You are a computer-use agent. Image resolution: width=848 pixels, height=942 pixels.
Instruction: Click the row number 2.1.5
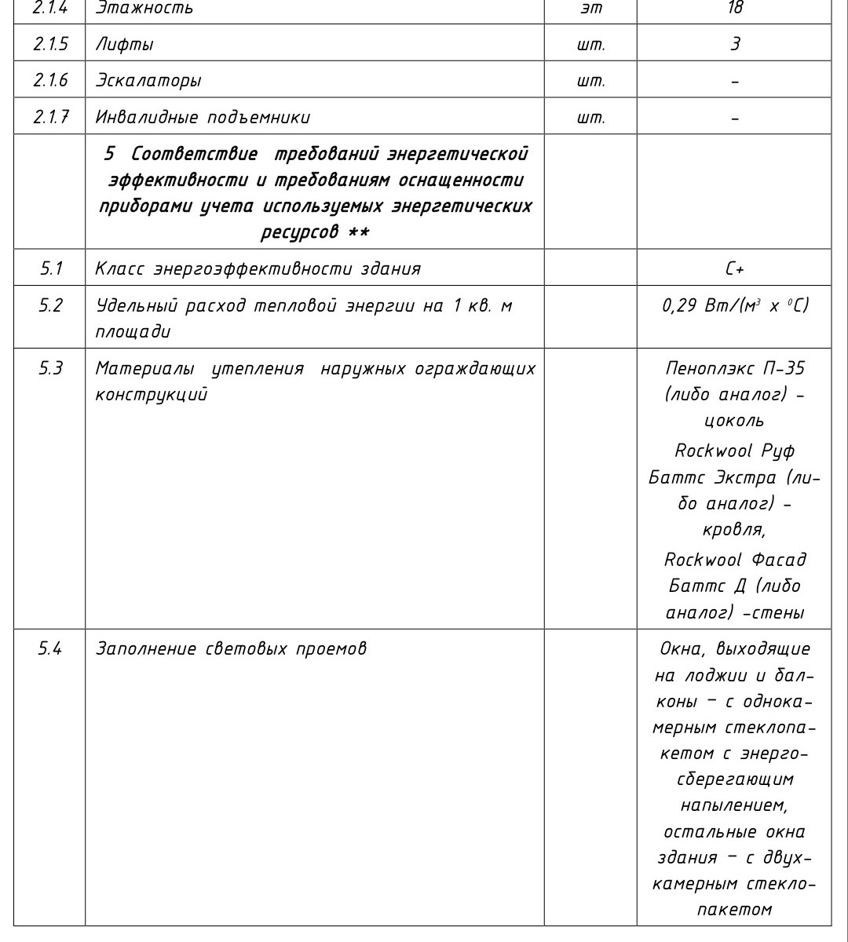coord(49,45)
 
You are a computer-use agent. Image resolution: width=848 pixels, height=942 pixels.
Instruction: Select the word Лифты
coord(124,45)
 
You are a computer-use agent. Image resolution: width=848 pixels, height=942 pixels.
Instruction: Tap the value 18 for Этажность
coord(734,9)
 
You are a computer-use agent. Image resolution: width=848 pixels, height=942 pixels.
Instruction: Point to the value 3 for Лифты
coord(734,45)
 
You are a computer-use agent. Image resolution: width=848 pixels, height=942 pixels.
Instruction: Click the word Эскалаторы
coord(148,81)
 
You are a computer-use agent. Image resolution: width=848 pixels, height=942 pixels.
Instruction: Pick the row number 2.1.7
coord(49,118)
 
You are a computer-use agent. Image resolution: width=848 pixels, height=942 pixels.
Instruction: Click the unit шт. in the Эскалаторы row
coord(590,81)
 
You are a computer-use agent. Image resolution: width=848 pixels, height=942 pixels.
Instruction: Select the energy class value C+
coord(734,268)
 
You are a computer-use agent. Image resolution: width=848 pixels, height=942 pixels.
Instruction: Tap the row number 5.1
coord(51,268)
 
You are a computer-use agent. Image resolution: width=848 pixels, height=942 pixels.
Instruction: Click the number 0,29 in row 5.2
coord(680,305)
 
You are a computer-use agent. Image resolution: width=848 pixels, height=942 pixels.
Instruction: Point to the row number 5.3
coord(51,368)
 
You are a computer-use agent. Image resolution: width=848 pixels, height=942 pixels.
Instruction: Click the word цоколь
coord(734,422)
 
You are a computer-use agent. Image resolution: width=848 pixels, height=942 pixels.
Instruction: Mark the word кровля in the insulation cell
coord(733,531)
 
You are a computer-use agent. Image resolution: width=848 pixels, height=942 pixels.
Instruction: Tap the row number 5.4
coord(51,649)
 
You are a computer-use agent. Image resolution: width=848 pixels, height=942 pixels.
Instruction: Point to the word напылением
coord(734,805)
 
